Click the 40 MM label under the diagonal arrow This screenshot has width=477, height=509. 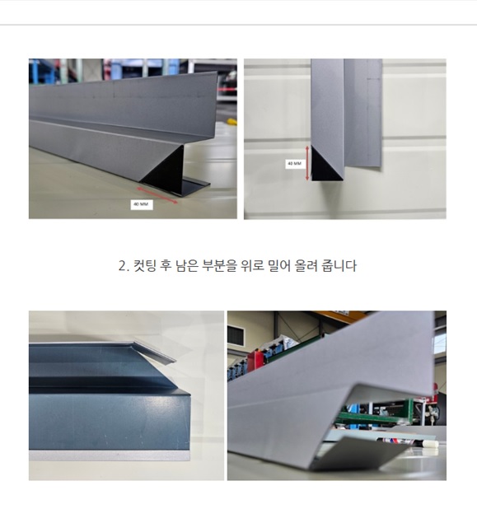click(142, 204)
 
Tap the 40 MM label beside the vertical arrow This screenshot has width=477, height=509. click(295, 164)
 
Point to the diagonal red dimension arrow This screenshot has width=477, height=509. click(157, 195)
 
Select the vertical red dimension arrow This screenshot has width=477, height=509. click(307, 163)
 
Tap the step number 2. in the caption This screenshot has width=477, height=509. click(124, 266)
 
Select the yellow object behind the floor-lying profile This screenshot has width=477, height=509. click(231, 122)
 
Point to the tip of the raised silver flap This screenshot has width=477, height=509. click(175, 360)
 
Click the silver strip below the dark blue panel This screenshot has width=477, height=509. click(109, 455)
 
